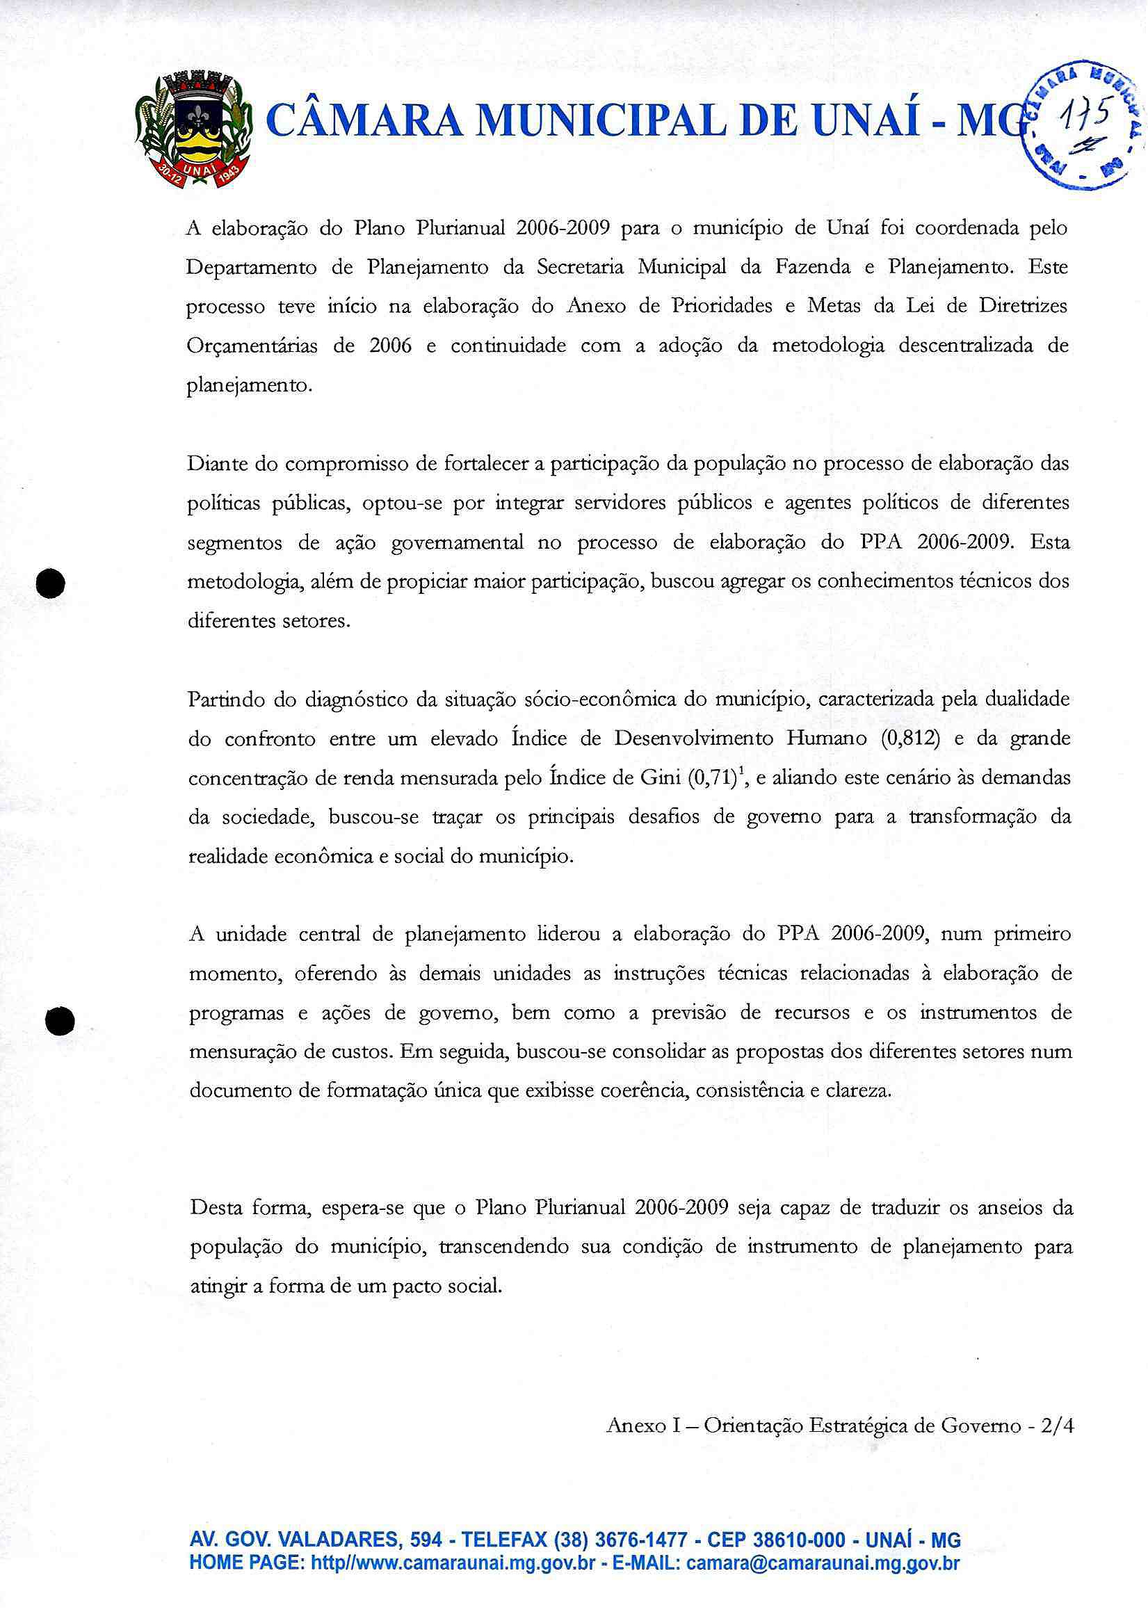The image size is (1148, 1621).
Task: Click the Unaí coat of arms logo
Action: pos(193,129)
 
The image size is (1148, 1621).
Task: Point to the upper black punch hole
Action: pos(51,583)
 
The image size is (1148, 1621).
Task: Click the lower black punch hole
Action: pos(59,1021)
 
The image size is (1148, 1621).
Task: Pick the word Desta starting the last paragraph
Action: pos(216,1207)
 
